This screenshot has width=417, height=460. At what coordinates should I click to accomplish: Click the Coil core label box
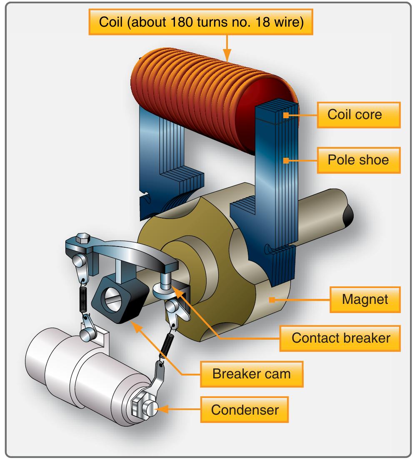tap(359, 114)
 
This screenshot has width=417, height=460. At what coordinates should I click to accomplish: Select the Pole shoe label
tap(359, 159)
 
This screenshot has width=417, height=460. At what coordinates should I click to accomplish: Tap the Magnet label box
tap(365, 299)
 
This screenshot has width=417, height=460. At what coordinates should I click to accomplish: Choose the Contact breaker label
tap(341, 338)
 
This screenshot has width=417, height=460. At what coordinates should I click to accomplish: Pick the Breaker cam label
tap(251, 373)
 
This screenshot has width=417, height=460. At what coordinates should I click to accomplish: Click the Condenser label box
tap(245, 410)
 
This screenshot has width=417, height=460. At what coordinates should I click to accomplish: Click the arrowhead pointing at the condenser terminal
tap(162, 410)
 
